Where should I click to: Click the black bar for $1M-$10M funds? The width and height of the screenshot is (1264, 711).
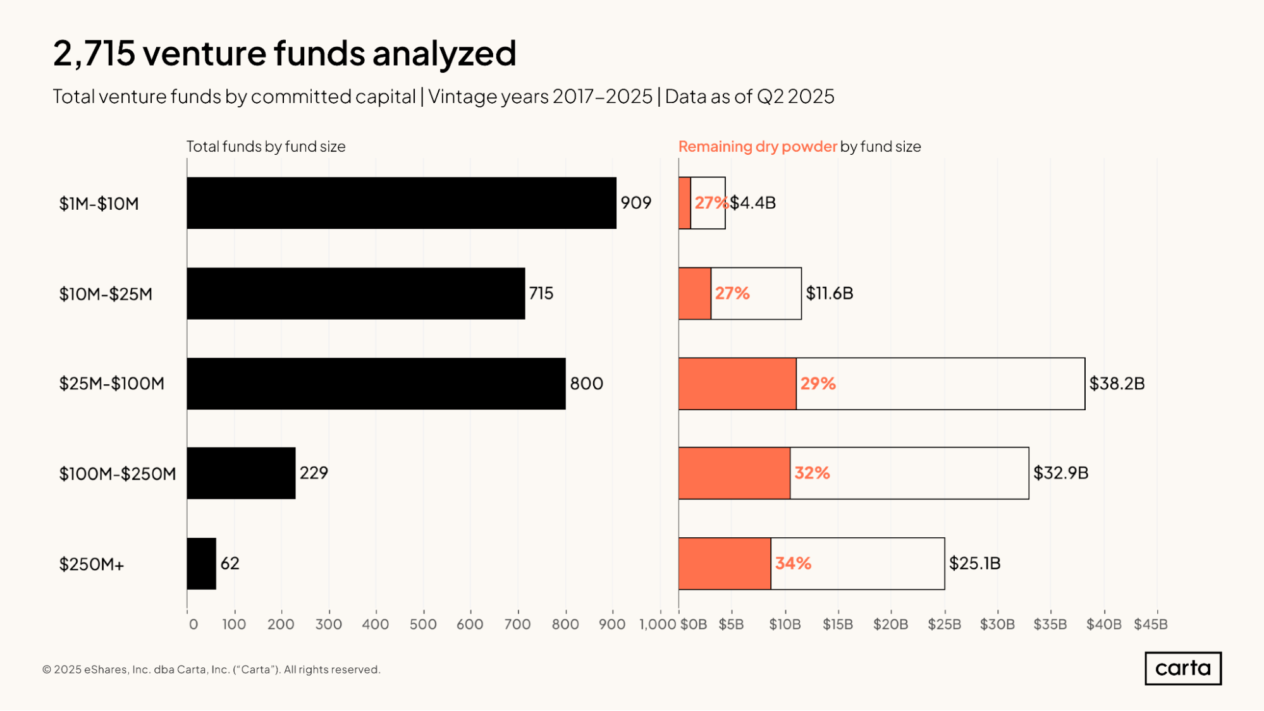[x=402, y=203]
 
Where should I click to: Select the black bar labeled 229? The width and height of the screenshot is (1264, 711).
[x=241, y=473]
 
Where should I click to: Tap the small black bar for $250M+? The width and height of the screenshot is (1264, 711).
[x=202, y=564]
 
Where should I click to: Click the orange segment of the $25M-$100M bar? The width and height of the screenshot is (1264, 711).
[x=737, y=384]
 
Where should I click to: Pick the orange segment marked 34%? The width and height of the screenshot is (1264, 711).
[x=725, y=564]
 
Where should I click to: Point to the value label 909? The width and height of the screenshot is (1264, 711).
[x=635, y=203]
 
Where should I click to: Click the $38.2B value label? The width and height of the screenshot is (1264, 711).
[x=1117, y=384]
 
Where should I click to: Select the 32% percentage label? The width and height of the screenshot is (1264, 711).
[x=812, y=473]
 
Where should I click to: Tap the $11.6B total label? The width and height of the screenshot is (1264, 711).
[x=829, y=293]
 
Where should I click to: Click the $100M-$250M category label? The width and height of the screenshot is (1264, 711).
[x=118, y=474]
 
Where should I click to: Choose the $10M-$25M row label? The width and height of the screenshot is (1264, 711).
[x=106, y=294]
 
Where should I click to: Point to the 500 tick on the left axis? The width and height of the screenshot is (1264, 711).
[x=423, y=624]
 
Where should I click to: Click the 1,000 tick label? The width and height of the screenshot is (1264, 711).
[x=658, y=624]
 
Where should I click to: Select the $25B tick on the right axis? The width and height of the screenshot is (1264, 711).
[x=944, y=624]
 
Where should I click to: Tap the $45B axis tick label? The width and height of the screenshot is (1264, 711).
[x=1150, y=624]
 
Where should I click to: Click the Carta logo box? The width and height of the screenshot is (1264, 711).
[x=1182, y=668]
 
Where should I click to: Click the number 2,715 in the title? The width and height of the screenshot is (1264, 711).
[x=94, y=53]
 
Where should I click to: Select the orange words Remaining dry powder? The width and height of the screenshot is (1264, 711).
[x=757, y=147]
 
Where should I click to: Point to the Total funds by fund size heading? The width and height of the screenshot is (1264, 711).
[x=266, y=147]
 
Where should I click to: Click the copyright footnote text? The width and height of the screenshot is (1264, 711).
[x=211, y=669]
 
